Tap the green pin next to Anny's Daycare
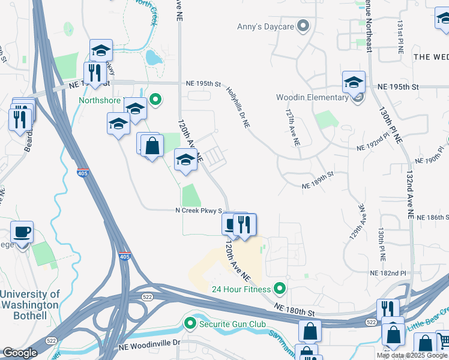pyautogui.click(x=303, y=26)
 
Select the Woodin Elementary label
pyautogui.click(x=312, y=98)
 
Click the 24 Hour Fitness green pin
pyautogui.click(x=279, y=289)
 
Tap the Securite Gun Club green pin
pyautogui.click(x=190, y=325)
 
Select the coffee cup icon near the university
pyautogui.click(x=22, y=232)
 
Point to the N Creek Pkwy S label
pyautogui.click(x=199, y=211)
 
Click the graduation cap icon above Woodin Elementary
pyautogui.click(x=354, y=82)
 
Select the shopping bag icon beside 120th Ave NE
pyautogui.click(x=152, y=145)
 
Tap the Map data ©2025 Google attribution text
pyautogui.click(x=412, y=355)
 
